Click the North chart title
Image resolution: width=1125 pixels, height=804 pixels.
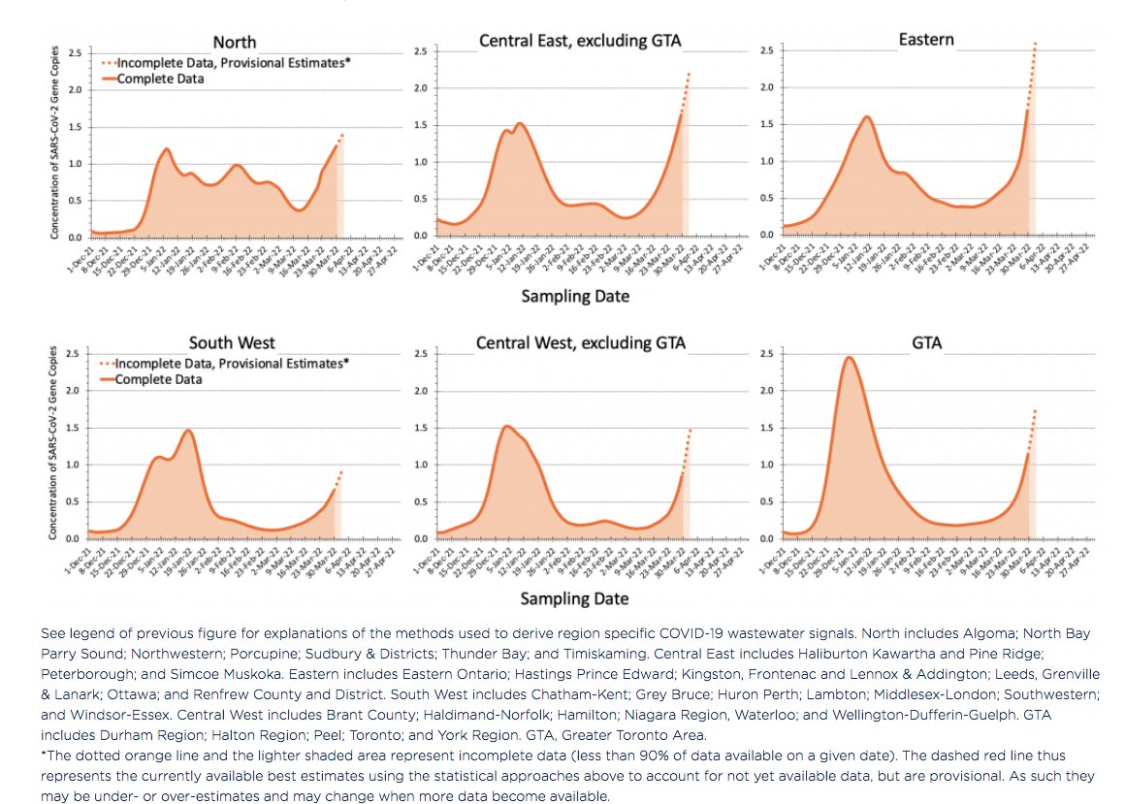pos(235,42)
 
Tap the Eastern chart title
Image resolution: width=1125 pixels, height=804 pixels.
pos(926,40)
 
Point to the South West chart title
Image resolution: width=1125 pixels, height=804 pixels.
pos(233,343)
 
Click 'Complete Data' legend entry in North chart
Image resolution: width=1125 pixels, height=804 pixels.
pos(160,79)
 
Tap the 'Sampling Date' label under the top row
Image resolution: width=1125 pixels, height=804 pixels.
pos(576,297)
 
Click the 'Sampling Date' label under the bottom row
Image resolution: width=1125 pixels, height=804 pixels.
pos(576,598)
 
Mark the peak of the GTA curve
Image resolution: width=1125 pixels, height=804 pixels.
pos(849,357)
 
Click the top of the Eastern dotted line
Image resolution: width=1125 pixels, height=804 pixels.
pos(1036,43)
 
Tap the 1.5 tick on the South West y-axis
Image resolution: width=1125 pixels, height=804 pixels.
pos(73,428)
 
